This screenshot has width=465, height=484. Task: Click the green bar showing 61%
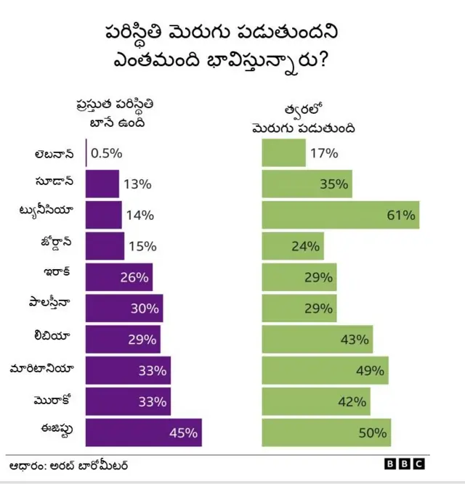coord(340,215)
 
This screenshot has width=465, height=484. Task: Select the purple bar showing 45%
coord(142,432)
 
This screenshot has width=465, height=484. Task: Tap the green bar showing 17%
coord(283,153)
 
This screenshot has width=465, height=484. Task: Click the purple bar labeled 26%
coord(118,277)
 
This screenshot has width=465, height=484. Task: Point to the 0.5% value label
coord(107,153)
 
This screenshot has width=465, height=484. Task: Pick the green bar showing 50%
coord(326,432)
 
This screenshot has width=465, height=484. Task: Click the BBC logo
coord(403,464)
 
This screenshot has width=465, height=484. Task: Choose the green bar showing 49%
coord(325,370)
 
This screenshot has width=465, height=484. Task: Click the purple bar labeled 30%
coord(124,308)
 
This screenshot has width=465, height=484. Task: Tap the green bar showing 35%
coord(307,184)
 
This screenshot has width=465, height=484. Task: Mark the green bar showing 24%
coord(292,246)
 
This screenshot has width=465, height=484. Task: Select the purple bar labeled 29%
coord(122,340)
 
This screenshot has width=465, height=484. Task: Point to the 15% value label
coord(142,246)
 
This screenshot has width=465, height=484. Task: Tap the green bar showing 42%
coord(315,401)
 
